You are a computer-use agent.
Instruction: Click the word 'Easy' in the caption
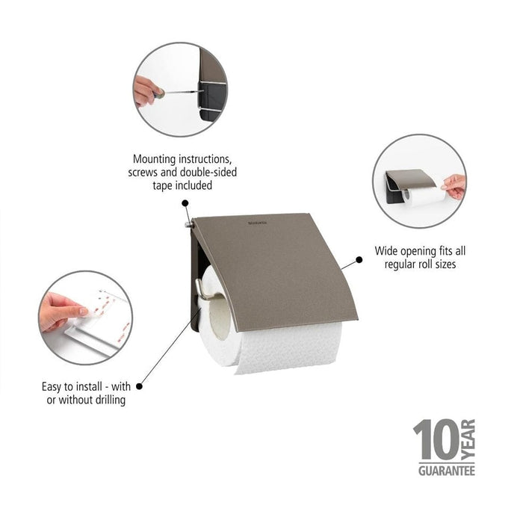pos(55,387)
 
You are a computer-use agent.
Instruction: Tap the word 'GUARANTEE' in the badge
pos(444,471)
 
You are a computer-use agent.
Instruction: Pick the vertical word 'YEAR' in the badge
pos(468,440)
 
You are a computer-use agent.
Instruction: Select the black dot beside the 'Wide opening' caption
pos(359,260)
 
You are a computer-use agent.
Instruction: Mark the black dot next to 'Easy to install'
pos(139,386)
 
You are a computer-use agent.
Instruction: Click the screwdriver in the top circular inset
pos(179,93)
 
